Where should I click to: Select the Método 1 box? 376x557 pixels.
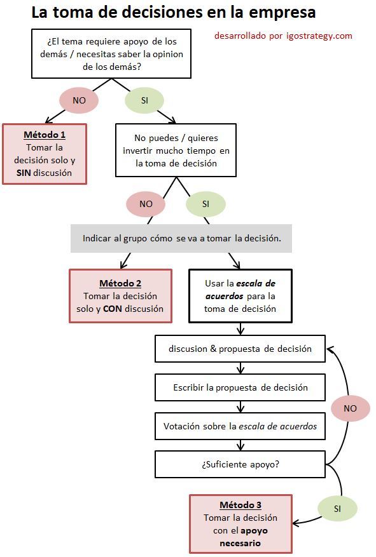(x=45, y=154)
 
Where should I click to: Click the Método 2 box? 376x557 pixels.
(x=120, y=295)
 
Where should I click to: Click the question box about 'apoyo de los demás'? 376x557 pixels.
(x=111, y=54)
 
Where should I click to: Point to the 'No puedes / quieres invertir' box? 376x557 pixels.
(x=176, y=150)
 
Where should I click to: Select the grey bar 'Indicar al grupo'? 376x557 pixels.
(x=181, y=239)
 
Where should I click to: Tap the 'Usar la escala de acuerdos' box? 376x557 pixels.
(x=240, y=295)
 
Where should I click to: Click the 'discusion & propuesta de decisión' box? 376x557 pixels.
(x=240, y=349)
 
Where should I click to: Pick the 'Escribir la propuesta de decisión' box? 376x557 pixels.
(x=240, y=387)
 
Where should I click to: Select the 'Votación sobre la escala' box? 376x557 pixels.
(x=240, y=426)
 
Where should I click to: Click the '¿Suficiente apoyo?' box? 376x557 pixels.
(x=240, y=464)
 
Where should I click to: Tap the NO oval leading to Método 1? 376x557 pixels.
(x=79, y=100)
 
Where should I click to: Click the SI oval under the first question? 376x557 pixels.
(x=144, y=100)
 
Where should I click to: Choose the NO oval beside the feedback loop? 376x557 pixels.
(x=350, y=408)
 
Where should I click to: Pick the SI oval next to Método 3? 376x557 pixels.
(x=337, y=509)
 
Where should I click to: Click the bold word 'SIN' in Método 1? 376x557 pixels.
(x=24, y=173)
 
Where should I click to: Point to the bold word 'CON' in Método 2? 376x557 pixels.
(x=113, y=309)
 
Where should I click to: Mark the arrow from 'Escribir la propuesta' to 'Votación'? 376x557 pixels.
(x=240, y=406)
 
